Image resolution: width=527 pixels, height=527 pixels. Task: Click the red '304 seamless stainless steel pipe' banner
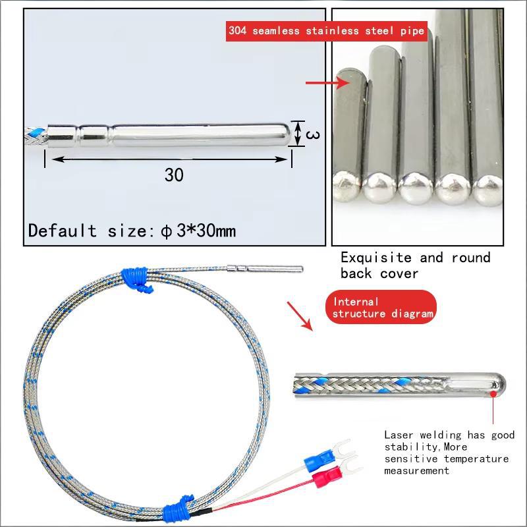pos(326,30)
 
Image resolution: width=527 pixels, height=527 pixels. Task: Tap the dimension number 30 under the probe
pos(174,175)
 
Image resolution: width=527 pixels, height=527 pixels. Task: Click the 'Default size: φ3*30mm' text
pos(132,231)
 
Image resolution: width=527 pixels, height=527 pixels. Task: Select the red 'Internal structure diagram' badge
pos(381,307)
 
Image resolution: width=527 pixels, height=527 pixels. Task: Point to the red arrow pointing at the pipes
pos(327,83)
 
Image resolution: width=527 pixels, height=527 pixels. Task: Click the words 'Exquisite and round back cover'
pos(415,265)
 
